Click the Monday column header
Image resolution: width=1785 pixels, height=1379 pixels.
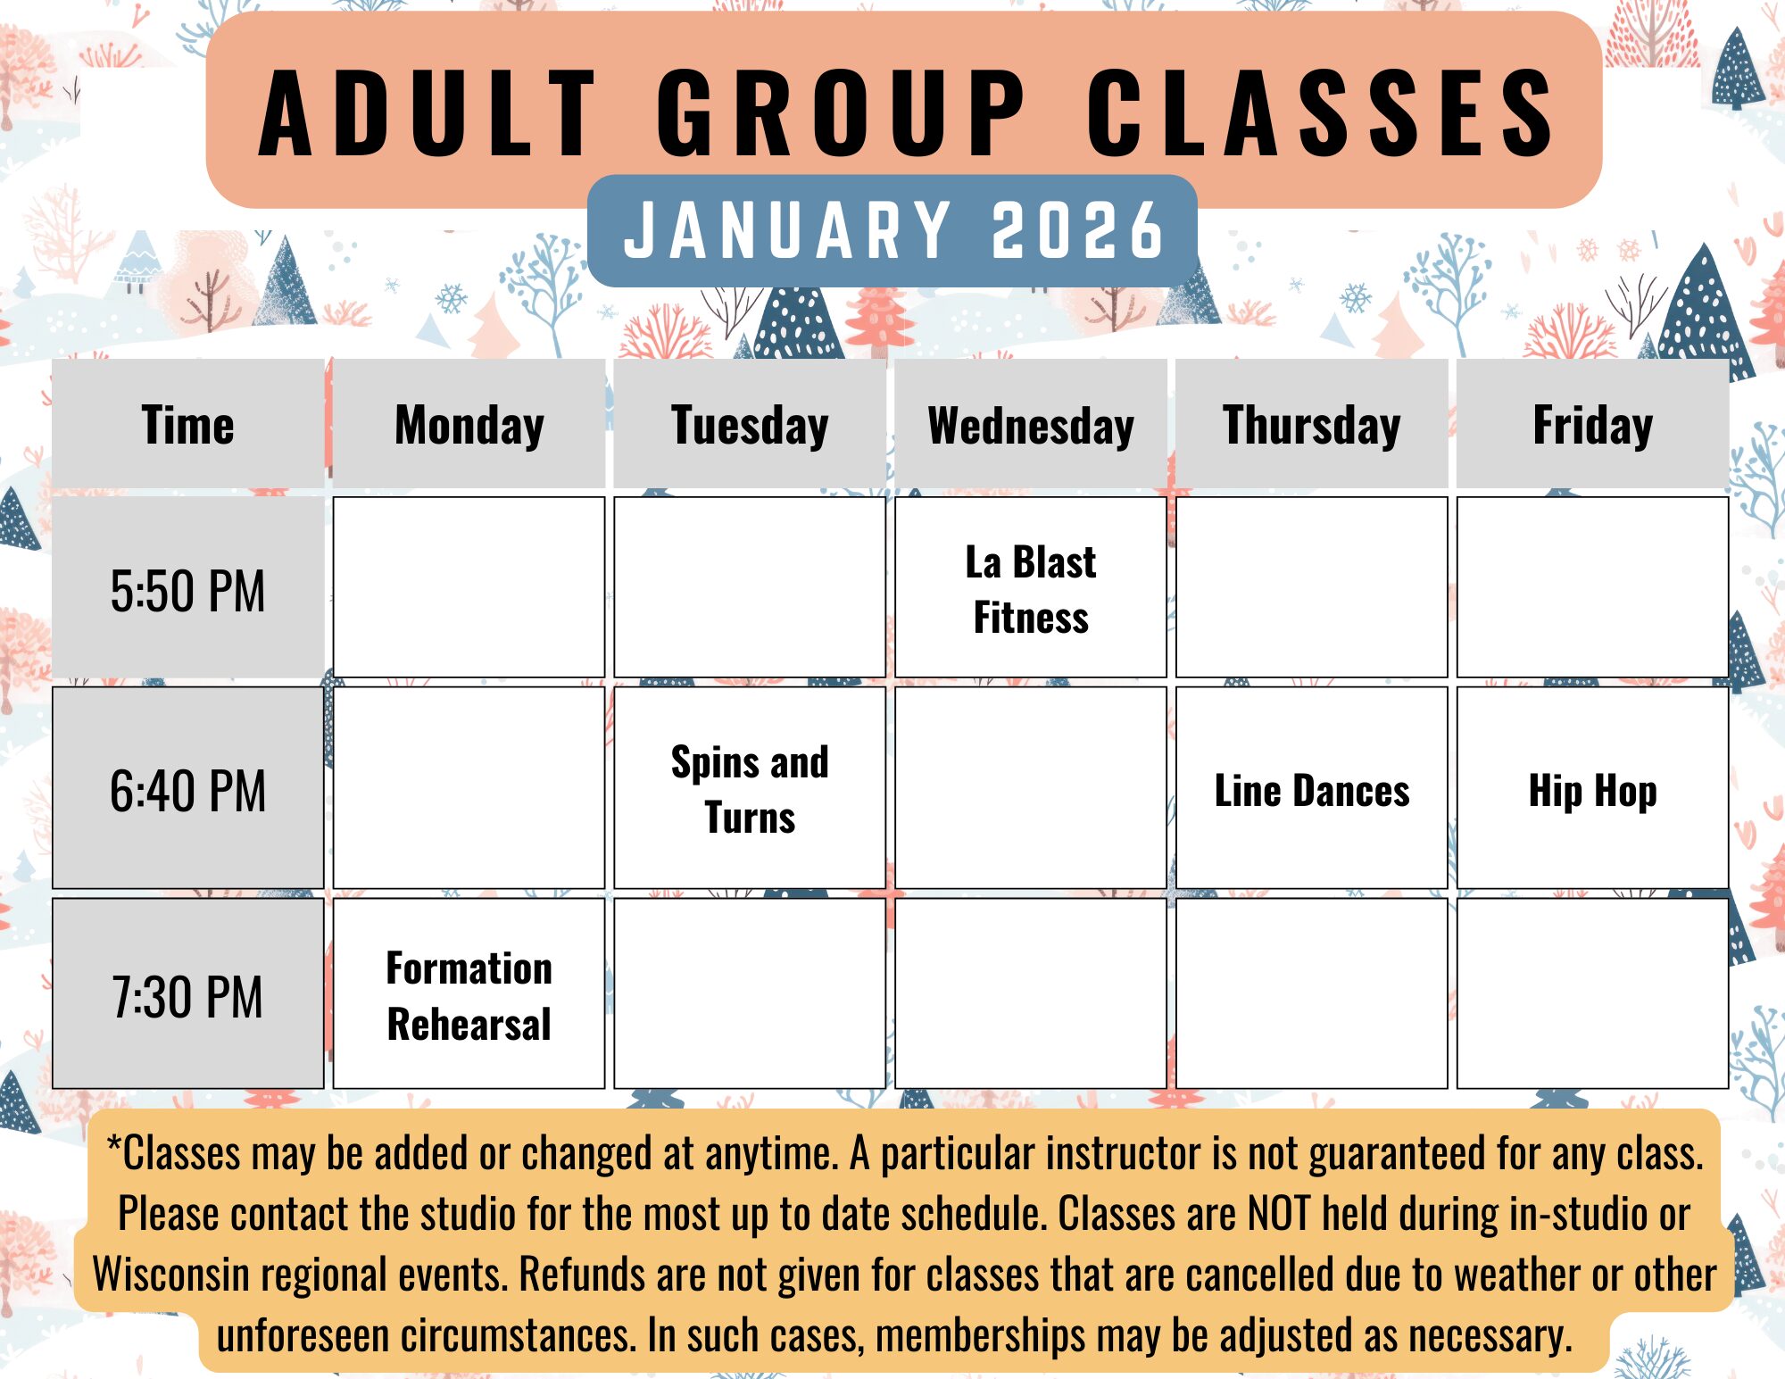469,424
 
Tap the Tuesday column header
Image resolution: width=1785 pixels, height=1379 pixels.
750,424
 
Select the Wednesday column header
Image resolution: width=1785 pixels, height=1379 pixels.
1031,424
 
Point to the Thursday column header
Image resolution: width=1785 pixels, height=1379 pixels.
1312,424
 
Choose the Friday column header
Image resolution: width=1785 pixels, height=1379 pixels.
1593,424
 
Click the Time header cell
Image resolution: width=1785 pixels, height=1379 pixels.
187,424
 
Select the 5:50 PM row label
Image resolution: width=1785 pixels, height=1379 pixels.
187,589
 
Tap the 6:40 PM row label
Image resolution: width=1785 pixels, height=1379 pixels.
187,789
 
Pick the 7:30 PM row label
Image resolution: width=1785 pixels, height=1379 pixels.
187,994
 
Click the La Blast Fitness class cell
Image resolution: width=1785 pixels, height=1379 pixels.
1031,588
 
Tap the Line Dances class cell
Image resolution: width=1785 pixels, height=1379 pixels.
1312,789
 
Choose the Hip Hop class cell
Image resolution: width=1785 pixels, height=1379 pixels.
1593,789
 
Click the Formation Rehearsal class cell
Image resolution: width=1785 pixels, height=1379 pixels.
469,994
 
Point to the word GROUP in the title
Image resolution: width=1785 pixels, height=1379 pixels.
841,112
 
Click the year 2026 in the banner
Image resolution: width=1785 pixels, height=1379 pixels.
1077,229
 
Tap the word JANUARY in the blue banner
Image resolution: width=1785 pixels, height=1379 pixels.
787,229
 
